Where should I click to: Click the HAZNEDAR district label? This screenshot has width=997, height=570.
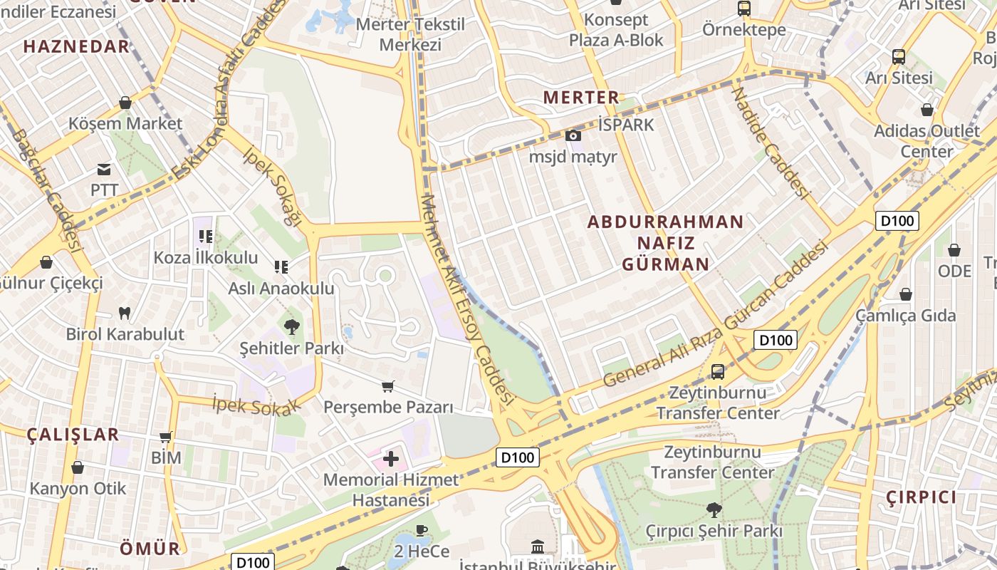[76, 47]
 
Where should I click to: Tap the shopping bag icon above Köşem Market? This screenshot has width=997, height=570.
[125, 103]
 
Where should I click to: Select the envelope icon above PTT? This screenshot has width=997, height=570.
[104, 170]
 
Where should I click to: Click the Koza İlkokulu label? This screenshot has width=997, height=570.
[206, 257]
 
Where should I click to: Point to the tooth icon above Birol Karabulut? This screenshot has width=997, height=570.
[125, 312]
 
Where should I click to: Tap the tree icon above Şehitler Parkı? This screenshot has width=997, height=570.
[291, 327]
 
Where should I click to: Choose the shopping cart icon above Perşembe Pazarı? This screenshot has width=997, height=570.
[388, 386]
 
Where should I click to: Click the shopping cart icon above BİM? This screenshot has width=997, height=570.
[166, 437]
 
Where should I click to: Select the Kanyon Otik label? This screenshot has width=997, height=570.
[78, 489]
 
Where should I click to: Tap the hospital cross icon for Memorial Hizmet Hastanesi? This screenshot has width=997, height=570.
[391, 458]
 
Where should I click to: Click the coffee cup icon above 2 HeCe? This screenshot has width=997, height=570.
[422, 530]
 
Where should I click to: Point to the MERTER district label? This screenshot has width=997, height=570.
[581, 98]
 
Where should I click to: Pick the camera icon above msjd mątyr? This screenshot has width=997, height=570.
[573, 135]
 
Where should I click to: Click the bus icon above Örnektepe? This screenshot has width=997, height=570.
[744, 9]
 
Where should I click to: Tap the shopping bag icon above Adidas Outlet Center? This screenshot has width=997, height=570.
[927, 110]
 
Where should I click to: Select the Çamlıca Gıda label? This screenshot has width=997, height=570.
[906, 315]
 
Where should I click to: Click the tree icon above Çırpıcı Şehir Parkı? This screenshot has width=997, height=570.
[714, 509]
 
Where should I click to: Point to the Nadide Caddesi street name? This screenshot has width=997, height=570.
[772, 142]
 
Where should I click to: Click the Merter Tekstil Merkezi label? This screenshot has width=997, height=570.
[410, 34]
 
